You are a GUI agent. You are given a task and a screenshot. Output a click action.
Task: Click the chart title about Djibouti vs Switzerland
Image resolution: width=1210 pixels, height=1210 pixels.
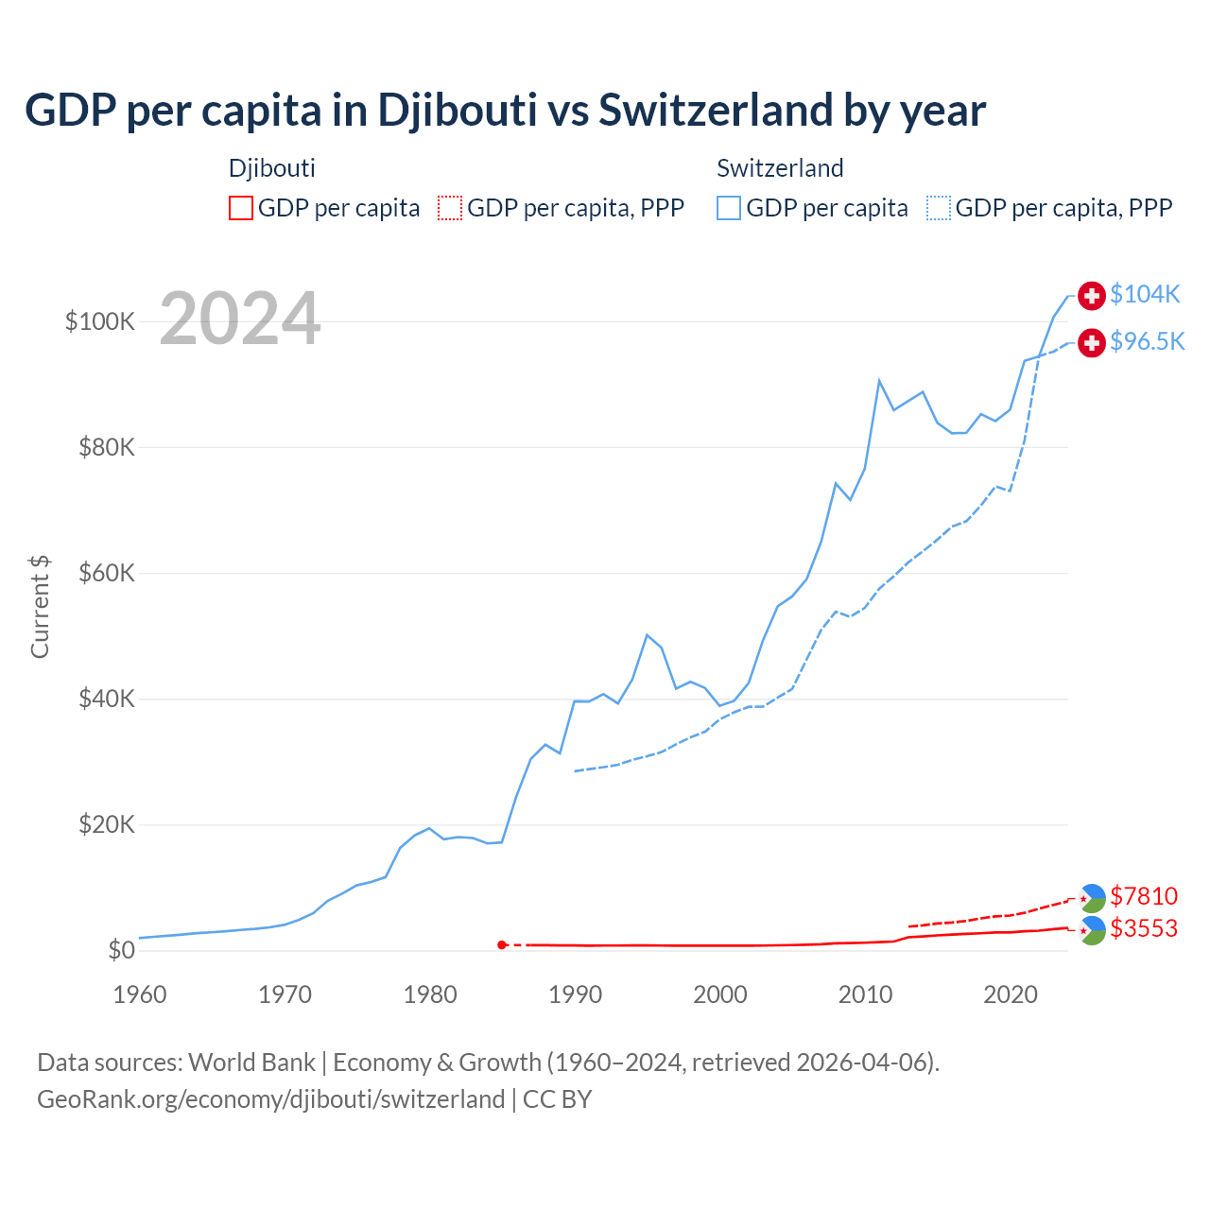pos(505,111)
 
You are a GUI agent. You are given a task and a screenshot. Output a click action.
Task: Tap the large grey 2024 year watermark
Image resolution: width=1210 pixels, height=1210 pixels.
pos(240,320)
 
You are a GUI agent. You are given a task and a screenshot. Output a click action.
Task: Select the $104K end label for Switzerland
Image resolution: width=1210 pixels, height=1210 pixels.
pos(1145,294)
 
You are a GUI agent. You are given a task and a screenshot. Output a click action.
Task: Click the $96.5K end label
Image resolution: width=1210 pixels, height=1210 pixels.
pos(1147,341)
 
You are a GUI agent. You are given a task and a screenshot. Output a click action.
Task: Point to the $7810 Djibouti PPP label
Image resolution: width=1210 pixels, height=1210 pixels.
pos(1144,895)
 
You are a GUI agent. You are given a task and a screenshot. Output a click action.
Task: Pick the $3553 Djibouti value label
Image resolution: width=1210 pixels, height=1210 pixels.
pos(1144,928)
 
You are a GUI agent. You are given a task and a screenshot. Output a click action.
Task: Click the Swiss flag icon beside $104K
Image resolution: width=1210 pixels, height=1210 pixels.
pos(1092,295)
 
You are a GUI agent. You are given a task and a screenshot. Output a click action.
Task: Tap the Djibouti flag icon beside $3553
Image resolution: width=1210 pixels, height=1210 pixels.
pos(1092,930)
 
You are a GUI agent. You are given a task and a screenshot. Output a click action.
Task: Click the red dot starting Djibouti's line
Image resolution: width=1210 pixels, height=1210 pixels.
pos(502,944)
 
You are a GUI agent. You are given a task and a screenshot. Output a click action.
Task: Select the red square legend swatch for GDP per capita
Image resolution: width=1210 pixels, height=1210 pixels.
pos(241,208)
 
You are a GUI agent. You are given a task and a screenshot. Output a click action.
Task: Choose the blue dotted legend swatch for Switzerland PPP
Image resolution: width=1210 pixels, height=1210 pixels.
pos(939,208)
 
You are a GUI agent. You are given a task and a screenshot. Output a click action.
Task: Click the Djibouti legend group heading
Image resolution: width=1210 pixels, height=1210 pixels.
pos(272,168)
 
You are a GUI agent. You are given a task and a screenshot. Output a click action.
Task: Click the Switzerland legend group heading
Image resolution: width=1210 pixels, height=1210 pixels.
pos(780,168)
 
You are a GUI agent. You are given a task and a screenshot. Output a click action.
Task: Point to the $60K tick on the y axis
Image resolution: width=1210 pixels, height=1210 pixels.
pos(107,573)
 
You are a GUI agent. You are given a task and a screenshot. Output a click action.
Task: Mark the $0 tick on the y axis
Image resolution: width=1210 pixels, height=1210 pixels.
pos(121,950)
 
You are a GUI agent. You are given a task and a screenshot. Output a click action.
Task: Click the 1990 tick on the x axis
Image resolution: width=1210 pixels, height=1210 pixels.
pos(575,994)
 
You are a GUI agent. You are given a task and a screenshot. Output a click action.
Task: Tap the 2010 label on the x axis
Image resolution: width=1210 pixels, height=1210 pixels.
pos(865,994)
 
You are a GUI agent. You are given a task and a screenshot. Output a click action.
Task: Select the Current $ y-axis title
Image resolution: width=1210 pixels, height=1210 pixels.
pos(40,607)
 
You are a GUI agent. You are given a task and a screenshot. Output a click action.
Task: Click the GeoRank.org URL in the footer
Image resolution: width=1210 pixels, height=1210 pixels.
pos(270,1099)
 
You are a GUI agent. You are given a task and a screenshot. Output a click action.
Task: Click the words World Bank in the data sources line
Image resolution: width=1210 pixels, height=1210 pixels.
pos(251,1063)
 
